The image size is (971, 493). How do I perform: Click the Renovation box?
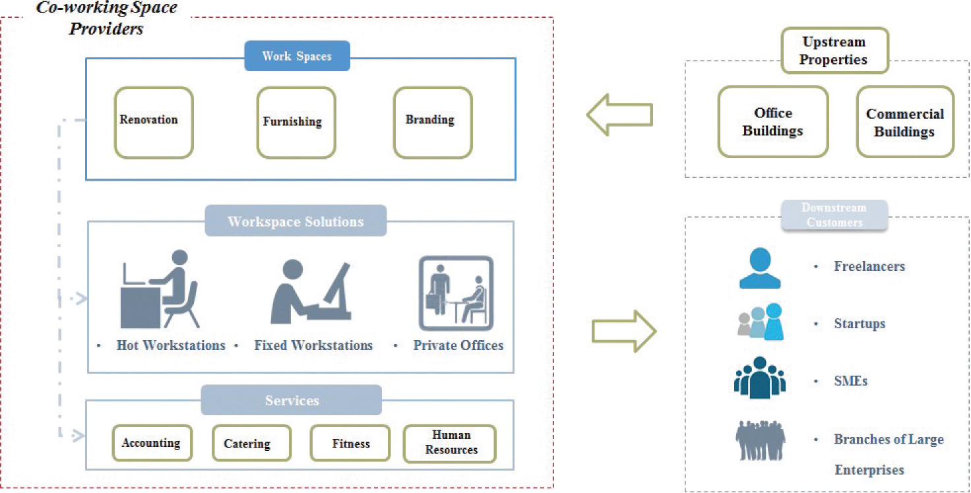154,123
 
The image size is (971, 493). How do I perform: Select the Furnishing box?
296,123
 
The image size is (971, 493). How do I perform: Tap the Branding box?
433,123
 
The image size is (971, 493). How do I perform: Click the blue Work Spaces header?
297,56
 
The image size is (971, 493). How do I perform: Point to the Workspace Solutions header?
296,221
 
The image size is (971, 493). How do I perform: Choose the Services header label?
292,400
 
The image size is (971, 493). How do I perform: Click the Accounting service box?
150,443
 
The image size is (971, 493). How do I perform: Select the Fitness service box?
350,443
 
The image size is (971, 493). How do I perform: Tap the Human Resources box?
450,443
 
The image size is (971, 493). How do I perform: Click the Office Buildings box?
772,122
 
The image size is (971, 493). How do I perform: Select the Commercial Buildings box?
905,122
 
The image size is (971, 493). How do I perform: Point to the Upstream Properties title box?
834,50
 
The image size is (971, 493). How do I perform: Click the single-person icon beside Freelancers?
760,268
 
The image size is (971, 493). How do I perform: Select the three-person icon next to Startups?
760,322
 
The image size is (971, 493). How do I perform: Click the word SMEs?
851,381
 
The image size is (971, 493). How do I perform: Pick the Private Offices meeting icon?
456,293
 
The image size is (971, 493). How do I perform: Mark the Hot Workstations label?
171,345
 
